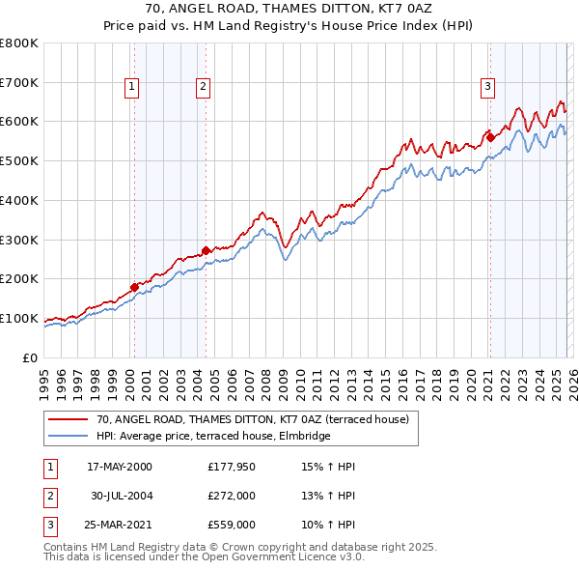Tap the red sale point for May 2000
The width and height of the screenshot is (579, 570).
pyautogui.click(x=135, y=286)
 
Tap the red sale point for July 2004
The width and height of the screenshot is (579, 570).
pyautogui.click(x=207, y=250)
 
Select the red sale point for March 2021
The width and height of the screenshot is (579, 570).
pyautogui.click(x=490, y=136)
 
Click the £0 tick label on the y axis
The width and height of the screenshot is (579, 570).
pyautogui.click(x=31, y=357)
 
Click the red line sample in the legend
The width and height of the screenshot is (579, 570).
pyautogui.click(x=69, y=419)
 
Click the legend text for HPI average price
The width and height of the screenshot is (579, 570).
pyautogui.click(x=213, y=436)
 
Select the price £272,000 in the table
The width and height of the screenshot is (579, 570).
pyautogui.click(x=232, y=496)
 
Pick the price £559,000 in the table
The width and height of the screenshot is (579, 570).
pyautogui.click(x=232, y=525)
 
